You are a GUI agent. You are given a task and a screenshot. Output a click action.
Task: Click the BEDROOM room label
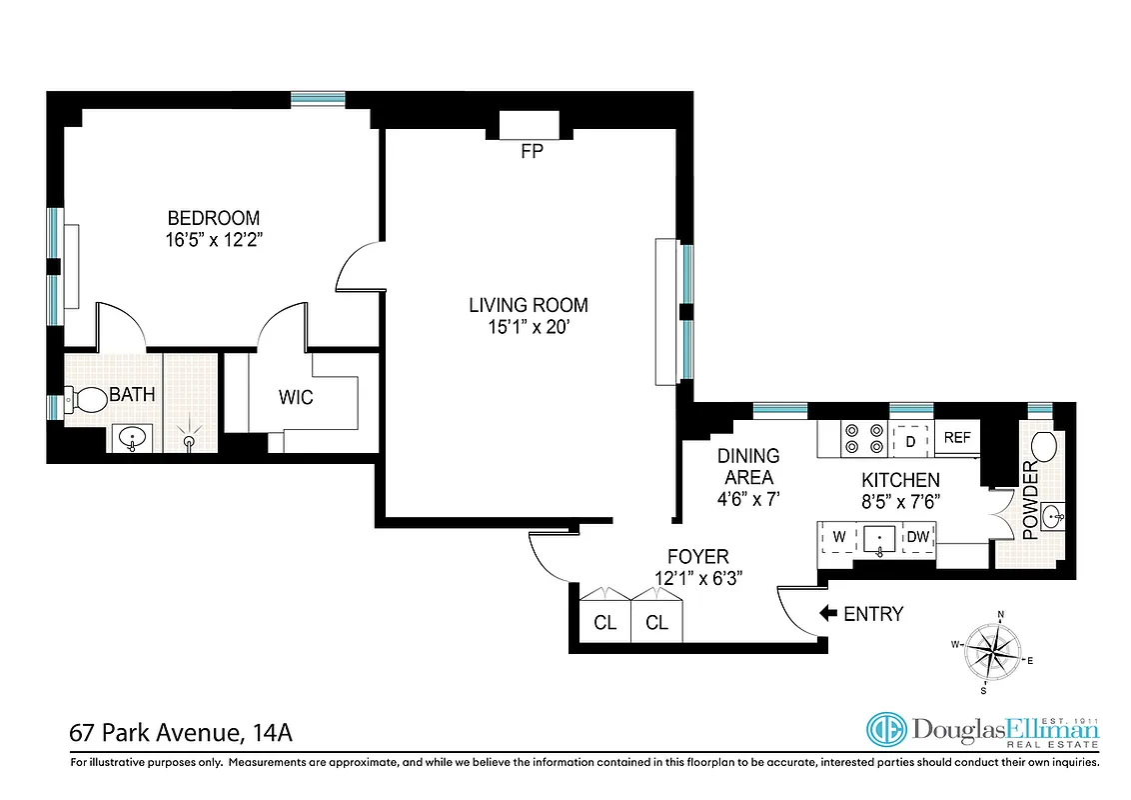[213, 218]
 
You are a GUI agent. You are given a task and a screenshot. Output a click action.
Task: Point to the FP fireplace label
[531, 152]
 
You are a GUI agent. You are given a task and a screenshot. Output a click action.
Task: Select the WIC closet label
[296, 398]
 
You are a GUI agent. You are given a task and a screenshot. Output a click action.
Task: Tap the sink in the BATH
[133, 437]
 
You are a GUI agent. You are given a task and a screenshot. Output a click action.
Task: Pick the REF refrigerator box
[957, 438]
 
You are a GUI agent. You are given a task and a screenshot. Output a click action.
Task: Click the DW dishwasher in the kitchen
[917, 538]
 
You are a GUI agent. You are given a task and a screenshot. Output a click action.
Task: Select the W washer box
[839, 538]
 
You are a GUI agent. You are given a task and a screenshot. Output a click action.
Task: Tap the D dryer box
[909, 439]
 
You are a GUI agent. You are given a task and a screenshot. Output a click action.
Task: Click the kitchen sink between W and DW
[878, 539]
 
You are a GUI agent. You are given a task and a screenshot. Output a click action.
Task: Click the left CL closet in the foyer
[605, 622]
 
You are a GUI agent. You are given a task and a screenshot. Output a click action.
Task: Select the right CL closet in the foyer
[656, 622]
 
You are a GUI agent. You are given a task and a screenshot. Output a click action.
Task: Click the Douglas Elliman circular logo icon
[885, 731]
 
